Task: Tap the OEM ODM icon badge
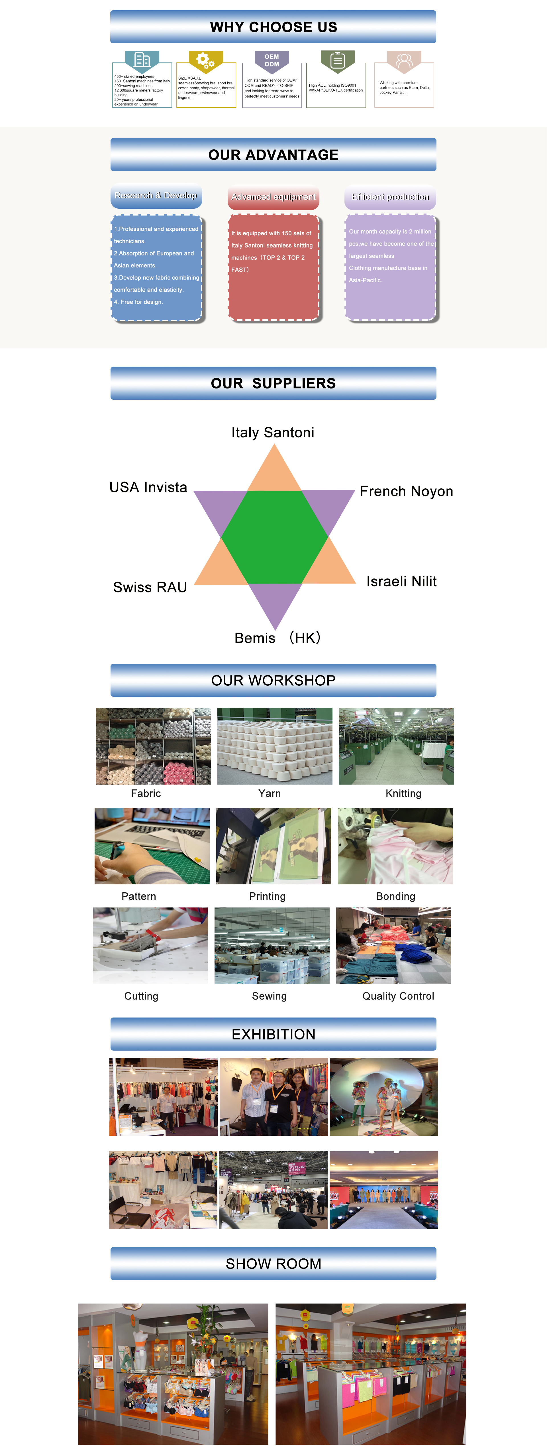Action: (272, 60)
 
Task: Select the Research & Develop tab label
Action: (156, 196)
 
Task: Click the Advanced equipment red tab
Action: (274, 197)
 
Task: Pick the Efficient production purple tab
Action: (390, 197)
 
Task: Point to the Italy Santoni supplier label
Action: (273, 432)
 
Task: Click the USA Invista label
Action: (148, 487)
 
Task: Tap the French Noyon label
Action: (406, 491)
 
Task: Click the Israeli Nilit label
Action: (401, 581)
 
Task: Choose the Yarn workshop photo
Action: (275, 746)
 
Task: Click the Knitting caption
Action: (403, 793)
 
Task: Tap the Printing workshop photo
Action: (274, 846)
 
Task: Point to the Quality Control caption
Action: (398, 996)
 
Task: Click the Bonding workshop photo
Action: (395, 846)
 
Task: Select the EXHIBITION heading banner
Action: (273, 1034)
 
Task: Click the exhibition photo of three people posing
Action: (274, 1096)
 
